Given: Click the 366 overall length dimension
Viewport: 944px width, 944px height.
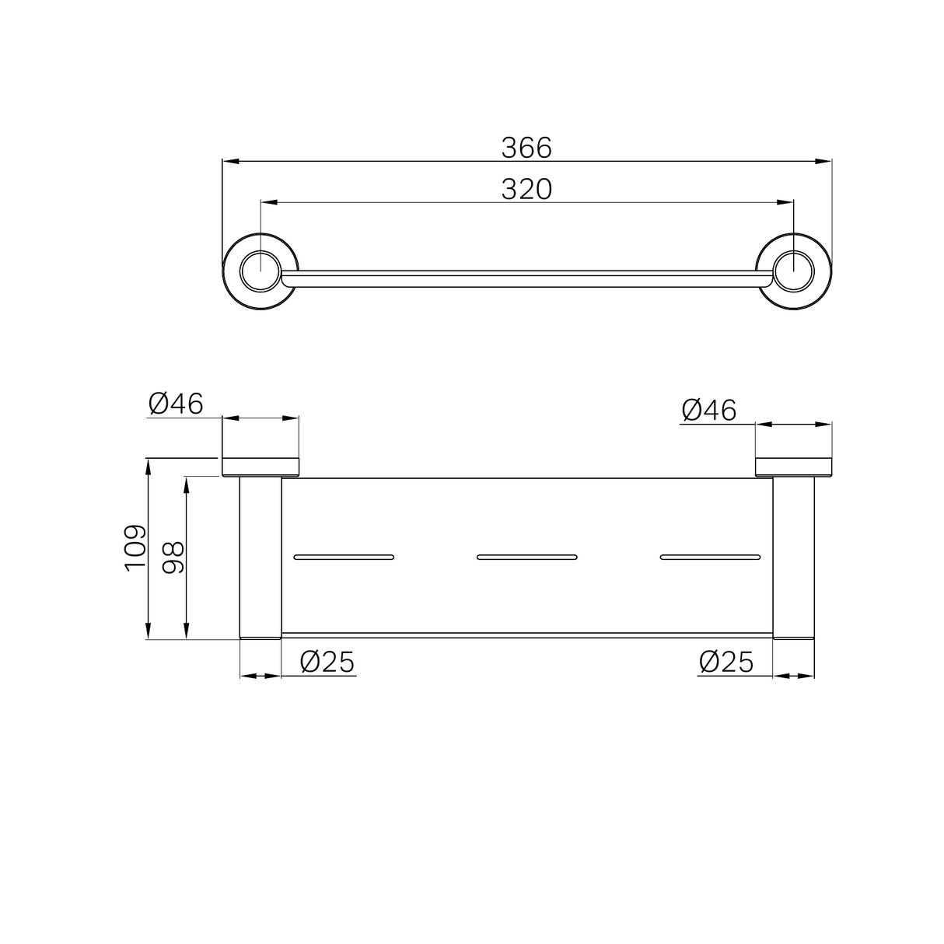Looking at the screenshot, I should click(526, 147).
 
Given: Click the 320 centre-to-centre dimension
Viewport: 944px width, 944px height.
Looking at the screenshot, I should click(526, 189).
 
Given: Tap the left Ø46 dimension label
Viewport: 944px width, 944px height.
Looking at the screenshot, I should click(175, 404).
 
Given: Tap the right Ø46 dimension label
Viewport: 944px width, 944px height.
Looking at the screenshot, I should click(708, 410).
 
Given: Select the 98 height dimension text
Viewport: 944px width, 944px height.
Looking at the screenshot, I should click(173, 558).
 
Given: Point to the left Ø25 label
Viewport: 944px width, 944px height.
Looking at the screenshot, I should click(327, 662).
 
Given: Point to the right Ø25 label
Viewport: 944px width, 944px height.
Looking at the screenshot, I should click(726, 662).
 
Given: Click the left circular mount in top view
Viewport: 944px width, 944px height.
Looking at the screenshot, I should click(260, 271).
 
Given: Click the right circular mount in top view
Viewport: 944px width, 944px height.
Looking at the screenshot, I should click(794, 271).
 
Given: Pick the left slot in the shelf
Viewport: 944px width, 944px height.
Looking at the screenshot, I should click(344, 557).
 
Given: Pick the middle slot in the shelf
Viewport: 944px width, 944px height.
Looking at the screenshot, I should click(526, 557).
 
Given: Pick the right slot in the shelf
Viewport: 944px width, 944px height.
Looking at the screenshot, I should click(709, 557).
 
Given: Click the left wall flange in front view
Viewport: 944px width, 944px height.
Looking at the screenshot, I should click(260, 467).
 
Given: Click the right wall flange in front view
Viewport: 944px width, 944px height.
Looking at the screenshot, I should click(794, 467).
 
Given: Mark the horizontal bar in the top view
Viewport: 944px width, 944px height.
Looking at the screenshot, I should click(526, 279).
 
